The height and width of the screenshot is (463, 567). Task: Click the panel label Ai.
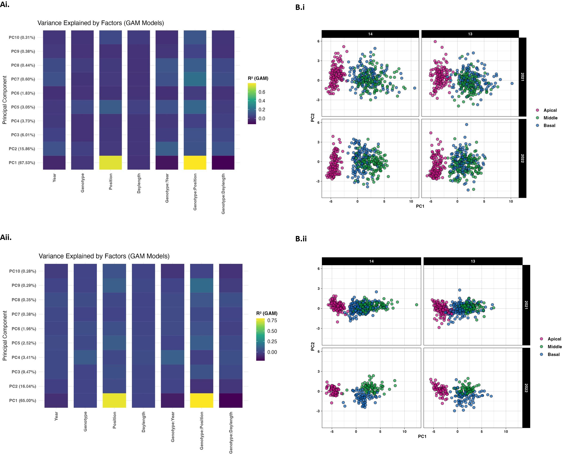click(5, 4)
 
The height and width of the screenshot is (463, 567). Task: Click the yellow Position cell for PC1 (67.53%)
click(110, 162)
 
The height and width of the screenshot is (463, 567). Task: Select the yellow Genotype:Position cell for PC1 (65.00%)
click(201, 400)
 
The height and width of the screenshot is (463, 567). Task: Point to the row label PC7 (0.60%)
click(23, 79)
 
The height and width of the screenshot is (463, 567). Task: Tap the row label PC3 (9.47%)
click(24, 372)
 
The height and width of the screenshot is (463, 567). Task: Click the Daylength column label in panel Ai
click(139, 183)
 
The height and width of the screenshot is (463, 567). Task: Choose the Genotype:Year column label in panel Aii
click(172, 427)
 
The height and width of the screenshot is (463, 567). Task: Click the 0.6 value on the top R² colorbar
click(262, 92)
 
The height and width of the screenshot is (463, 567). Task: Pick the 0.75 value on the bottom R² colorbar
click(272, 320)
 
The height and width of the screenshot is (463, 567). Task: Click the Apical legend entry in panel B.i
click(550, 110)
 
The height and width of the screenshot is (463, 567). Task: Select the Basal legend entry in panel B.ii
click(553, 355)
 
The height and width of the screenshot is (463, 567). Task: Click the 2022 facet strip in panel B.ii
click(526, 388)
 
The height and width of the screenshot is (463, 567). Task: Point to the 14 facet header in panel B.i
click(370, 34)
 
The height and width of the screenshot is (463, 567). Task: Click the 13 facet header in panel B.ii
click(473, 261)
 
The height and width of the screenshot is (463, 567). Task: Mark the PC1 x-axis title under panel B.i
click(420, 206)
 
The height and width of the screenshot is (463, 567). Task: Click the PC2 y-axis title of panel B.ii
click(313, 346)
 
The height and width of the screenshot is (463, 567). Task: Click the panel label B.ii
click(301, 239)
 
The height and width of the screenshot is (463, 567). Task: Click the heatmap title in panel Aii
click(104, 256)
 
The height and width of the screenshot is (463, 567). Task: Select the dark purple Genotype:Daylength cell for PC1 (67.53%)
click(223, 162)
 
